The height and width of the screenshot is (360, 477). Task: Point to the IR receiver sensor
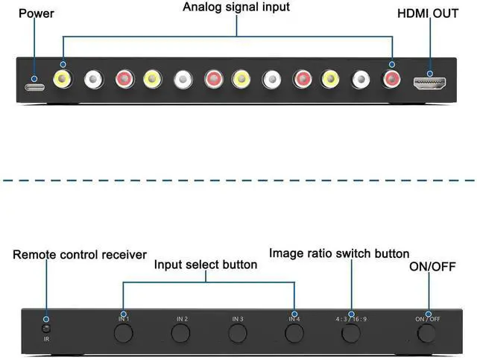pyautogui.click(x=46, y=328)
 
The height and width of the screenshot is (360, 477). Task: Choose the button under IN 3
pyautogui.click(x=238, y=332)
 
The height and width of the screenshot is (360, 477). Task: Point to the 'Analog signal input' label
pyautogui.click(x=236, y=7)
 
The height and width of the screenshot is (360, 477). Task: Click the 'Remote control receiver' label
pyautogui.click(x=80, y=255)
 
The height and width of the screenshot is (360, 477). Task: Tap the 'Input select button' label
pyautogui.click(x=206, y=265)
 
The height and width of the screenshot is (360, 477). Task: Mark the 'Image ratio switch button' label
pyautogui.click(x=339, y=253)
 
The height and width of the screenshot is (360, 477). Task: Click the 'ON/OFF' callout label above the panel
pyautogui.click(x=432, y=266)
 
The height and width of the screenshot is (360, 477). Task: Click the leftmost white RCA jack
pyautogui.click(x=94, y=78)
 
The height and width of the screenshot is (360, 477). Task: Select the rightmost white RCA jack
pyautogui.click(x=361, y=78)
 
